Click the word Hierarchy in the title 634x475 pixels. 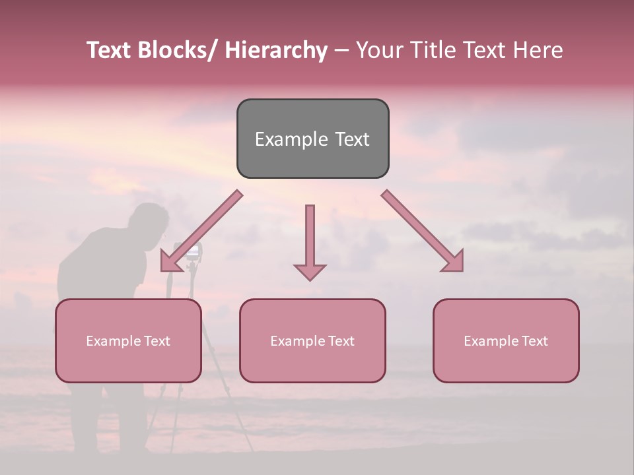click(275, 50)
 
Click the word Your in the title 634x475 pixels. click(379, 50)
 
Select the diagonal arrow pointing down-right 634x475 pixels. click(423, 231)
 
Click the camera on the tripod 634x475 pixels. click(190, 251)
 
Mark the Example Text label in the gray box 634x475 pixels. click(312, 139)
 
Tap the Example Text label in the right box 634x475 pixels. click(506, 341)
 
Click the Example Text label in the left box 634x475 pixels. click(128, 341)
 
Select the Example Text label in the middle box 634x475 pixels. click(312, 341)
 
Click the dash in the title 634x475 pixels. click(341, 51)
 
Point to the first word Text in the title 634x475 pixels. click(110, 50)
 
